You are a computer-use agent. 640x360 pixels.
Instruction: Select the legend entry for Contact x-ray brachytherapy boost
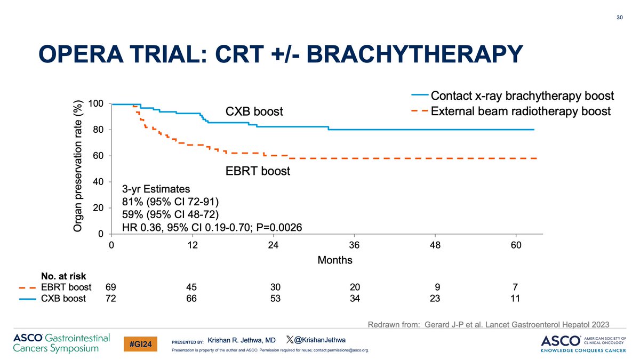(522, 96)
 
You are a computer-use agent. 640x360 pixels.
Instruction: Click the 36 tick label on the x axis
(354, 246)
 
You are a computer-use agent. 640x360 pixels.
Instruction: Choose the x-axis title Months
(335, 260)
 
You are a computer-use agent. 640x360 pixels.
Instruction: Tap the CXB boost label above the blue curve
(254, 112)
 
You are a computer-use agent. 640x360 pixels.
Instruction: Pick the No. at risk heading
(63, 276)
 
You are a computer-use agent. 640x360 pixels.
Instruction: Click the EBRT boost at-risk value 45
(191, 287)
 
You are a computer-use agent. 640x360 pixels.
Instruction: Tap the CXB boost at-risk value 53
(273, 298)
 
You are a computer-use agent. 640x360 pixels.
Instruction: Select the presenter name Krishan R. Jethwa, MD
(242, 340)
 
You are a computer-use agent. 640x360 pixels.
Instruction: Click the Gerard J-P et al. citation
(488, 324)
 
